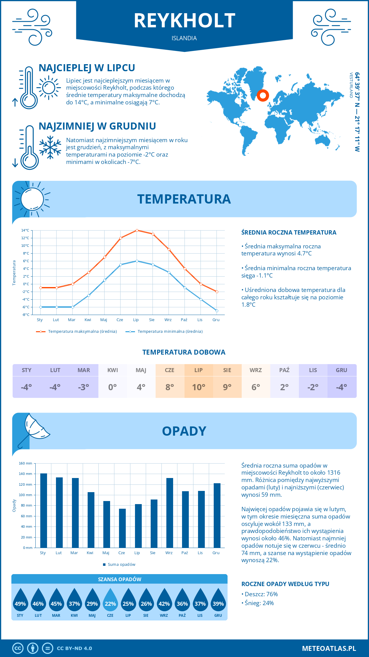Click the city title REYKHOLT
tap(184, 21)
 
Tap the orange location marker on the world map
tap(263, 95)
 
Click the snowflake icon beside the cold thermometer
tap(50, 147)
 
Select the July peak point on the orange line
tap(137, 230)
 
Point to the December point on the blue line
tap(217, 311)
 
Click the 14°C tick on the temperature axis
tap(25, 230)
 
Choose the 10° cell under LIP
tap(198, 387)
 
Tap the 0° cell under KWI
tap(113, 387)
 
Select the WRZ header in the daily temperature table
tap(256, 370)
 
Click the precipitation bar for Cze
tap(122, 528)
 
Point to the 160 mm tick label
tap(26, 463)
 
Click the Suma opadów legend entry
tap(121, 564)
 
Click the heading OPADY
tap(184, 431)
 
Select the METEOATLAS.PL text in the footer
tap(329, 648)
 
